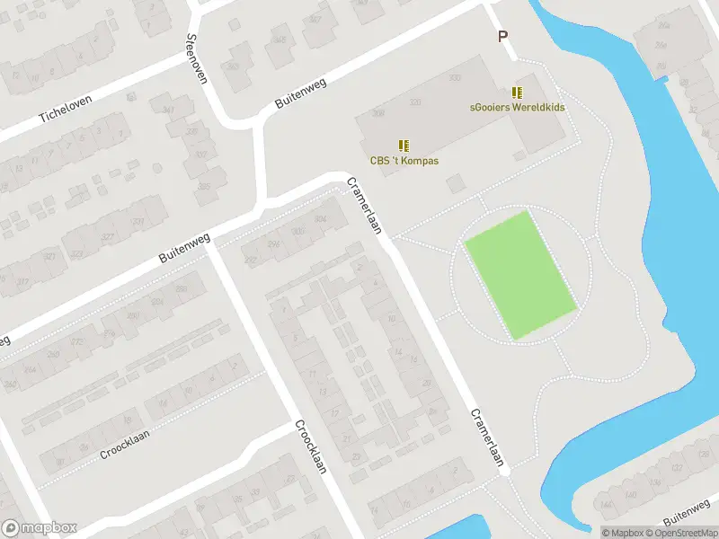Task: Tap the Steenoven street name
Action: coord(196,58)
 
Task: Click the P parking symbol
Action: coord(503,37)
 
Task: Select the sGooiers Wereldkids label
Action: coord(517,106)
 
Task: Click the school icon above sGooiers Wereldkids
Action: coord(517,92)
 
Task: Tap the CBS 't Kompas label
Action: coord(404,161)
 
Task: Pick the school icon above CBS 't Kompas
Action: coord(404,145)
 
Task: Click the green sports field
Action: coord(519,274)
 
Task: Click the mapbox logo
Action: coord(40,527)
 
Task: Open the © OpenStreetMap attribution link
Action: coord(678,533)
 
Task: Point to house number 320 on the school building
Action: coord(415,102)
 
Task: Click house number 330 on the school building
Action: coord(454,78)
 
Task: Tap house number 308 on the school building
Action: coord(378,113)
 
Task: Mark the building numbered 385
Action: coord(204,187)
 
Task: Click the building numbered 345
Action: coord(280,40)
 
